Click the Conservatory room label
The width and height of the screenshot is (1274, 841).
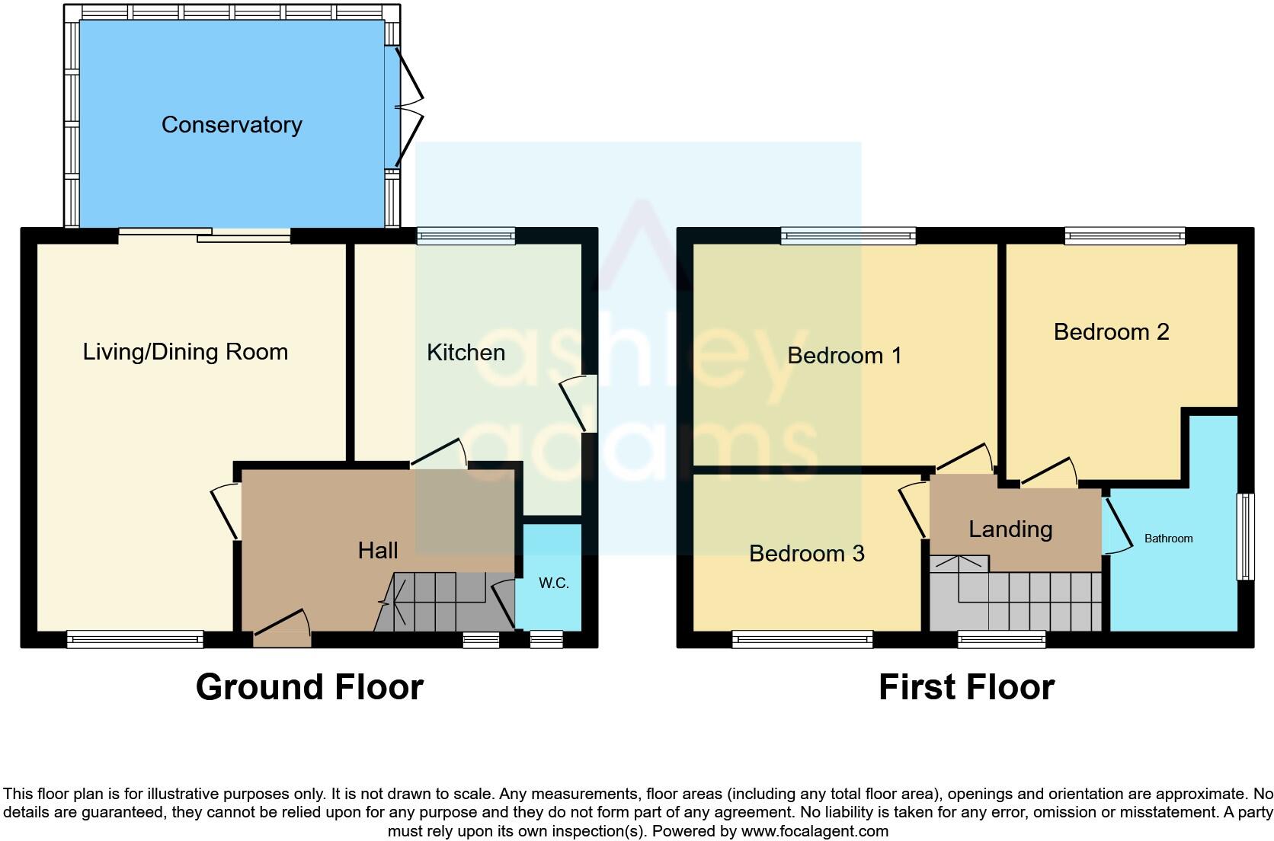pos(232,124)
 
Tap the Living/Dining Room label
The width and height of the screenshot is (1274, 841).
pos(185,352)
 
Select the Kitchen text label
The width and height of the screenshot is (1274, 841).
pos(466,353)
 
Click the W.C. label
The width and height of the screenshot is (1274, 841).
pos(553,584)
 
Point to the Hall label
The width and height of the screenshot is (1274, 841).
pos(378,551)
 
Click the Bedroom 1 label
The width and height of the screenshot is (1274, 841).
pos(844,356)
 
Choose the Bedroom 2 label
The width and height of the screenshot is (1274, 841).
pos(1111,332)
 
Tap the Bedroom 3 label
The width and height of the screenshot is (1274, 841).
pos(806,554)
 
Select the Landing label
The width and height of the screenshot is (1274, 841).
pos(1010,529)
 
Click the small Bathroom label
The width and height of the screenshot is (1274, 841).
pos(1168,539)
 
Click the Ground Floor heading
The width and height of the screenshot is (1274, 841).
pos(309,687)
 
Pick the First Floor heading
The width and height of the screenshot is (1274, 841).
pos(966,687)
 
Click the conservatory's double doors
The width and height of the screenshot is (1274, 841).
pos(408,107)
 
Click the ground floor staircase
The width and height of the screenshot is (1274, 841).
pos(438,602)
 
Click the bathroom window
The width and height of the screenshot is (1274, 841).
pos(1245,536)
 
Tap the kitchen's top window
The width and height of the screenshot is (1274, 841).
pos(466,236)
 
